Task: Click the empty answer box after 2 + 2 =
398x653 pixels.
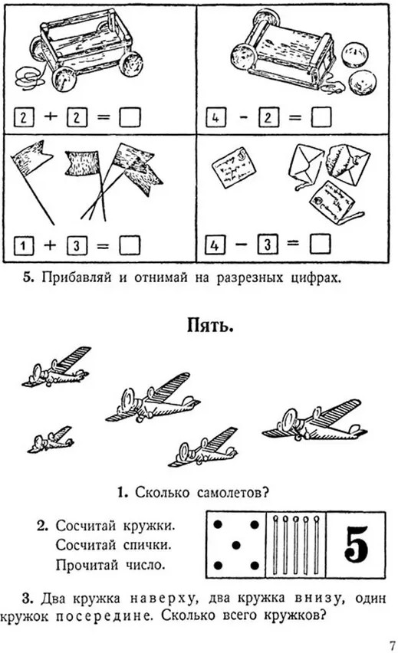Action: click(x=130, y=117)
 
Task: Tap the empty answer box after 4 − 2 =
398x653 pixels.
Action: click(x=321, y=117)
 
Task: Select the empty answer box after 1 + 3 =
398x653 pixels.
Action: click(x=130, y=245)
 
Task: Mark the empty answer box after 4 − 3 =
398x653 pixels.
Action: click(x=321, y=244)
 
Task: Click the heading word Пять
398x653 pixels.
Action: click(x=209, y=326)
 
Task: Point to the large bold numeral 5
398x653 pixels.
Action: click(x=357, y=544)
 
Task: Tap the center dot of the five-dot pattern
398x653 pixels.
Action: click(x=236, y=545)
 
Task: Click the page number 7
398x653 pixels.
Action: click(x=392, y=645)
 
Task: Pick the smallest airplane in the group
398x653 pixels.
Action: click(x=51, y=439)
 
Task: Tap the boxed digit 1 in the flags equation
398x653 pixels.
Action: click(x=23, y=246)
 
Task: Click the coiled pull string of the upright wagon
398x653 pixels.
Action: click(x=28, y=77)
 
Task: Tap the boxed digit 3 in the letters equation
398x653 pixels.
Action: click(x=267, y=244)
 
